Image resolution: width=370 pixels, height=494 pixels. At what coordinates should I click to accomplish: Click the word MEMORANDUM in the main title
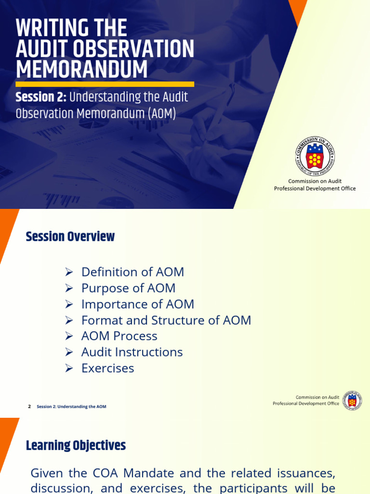[x=81, y=69]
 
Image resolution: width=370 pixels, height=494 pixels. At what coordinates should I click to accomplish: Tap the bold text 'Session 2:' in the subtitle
[x=41, y=97]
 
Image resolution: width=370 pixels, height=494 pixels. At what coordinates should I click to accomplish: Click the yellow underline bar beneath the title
[x=105, y=84]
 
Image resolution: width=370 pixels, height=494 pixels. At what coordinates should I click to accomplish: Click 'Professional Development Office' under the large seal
[x=315, y=189]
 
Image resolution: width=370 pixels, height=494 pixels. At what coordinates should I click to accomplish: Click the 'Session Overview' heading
[x=70, y=237]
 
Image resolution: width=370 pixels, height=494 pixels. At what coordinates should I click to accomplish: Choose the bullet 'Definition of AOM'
[x=132, y=272]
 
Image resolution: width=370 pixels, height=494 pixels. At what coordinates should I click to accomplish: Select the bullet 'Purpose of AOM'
[x=128, y=288]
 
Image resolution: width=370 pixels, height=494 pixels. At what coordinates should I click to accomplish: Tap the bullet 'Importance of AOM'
[x=138, y=304]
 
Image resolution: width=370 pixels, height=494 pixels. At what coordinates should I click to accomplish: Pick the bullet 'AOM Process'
[x=119, y=336]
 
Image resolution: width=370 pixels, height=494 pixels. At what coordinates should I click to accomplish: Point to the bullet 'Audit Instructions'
[x=132, y=352]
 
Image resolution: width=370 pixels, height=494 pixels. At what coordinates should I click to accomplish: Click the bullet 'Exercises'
[x=107, y=368]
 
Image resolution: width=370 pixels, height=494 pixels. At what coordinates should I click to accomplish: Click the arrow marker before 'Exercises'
[x=69, y=369]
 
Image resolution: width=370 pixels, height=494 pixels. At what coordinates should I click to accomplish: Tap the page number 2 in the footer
[x=29, y=407]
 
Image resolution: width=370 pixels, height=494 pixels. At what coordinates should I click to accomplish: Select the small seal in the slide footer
[x=352, y=400]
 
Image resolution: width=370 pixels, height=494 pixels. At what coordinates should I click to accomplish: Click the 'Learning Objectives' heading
[x=76, y=445]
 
